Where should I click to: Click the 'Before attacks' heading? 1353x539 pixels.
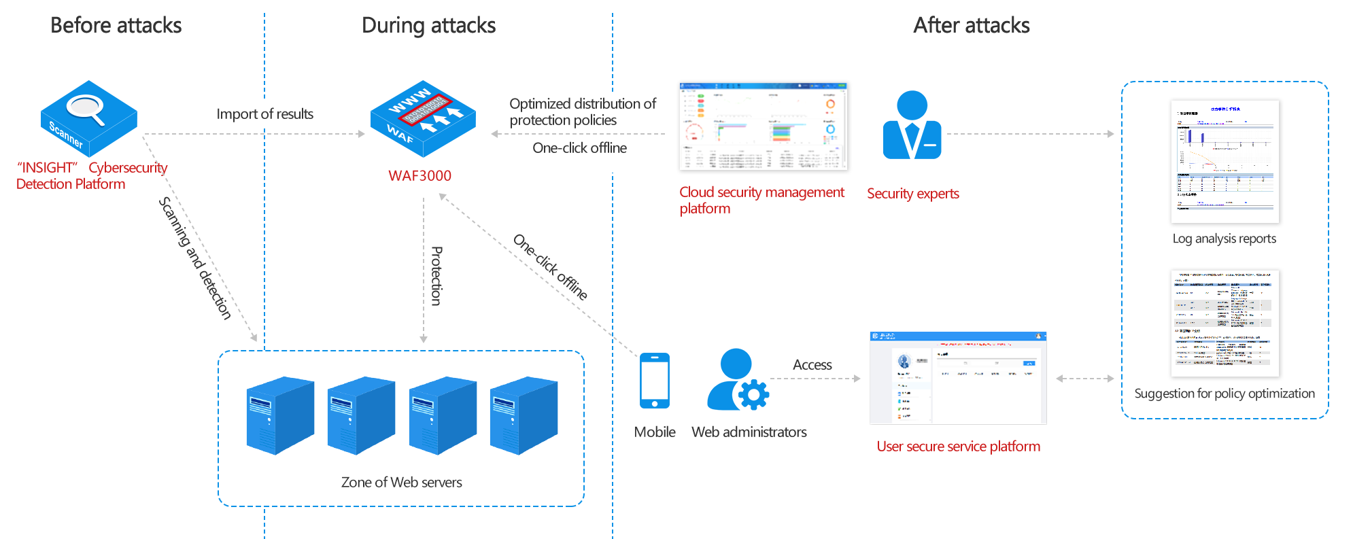[116, 25]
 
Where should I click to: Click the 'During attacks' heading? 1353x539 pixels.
[428, 26]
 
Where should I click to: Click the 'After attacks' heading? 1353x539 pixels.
[971, 25]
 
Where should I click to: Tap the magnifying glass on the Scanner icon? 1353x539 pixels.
[85, 109]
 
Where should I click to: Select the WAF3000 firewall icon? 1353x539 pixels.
[423, 119]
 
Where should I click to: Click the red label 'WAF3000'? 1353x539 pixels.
[419, 175]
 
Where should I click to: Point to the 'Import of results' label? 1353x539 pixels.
[265, 114]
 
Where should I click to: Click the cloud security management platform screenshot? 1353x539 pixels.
[764, 127]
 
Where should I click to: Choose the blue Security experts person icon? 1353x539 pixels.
[912, 125]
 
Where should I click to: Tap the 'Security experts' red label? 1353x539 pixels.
[912, 194]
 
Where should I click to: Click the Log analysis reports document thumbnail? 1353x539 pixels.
[1224, 162]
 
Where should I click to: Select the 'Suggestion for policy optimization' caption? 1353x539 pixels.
[1224, 394]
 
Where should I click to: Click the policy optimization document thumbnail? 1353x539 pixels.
[1224, 324]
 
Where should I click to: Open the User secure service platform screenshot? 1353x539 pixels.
[958, 378]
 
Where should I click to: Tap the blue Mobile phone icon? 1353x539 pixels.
[655, 380]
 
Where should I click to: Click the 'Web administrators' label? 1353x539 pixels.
[749, 432]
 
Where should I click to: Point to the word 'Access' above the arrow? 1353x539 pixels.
[812, 365]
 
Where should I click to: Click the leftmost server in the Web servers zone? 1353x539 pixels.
[279, 415]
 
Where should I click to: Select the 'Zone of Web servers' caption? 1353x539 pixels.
[401, 483]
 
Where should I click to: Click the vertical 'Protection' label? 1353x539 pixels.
[436, 276]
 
